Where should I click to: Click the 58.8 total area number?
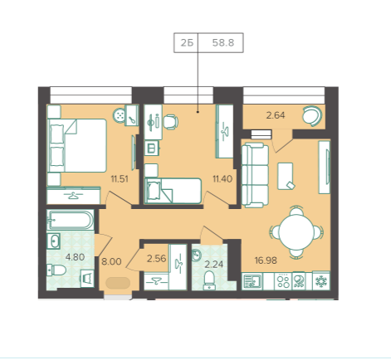(223, 43)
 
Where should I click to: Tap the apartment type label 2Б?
(187, 43)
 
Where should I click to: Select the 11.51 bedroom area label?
(120, 179)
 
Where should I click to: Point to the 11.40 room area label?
(222, 179)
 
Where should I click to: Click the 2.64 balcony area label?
(276, 115)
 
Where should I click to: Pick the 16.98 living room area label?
(266, 260)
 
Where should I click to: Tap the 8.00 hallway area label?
(111, 261)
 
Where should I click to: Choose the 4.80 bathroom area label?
(75, 257)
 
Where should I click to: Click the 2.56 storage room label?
(156, 259)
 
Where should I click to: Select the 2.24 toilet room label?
(213, 265)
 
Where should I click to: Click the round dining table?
(296, 231)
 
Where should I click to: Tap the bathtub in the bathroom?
(71, 220)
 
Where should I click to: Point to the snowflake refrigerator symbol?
(321, 281)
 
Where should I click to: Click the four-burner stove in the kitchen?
(283, 281)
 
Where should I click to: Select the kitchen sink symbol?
(252, 281)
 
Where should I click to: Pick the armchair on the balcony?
(312, 116)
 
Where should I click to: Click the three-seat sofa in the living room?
(255, 175)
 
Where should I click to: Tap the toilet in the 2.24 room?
(209, 280)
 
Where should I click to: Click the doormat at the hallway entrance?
(118, 283)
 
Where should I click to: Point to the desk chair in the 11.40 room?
(170, 122)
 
